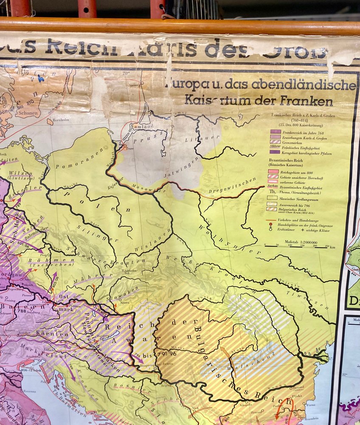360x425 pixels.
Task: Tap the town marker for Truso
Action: point(124,147)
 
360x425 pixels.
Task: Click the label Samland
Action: point(143,126)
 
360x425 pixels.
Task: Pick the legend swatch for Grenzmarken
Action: point(275,142)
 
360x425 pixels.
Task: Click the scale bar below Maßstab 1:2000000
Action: point(297,246)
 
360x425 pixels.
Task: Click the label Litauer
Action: point(195,139)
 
